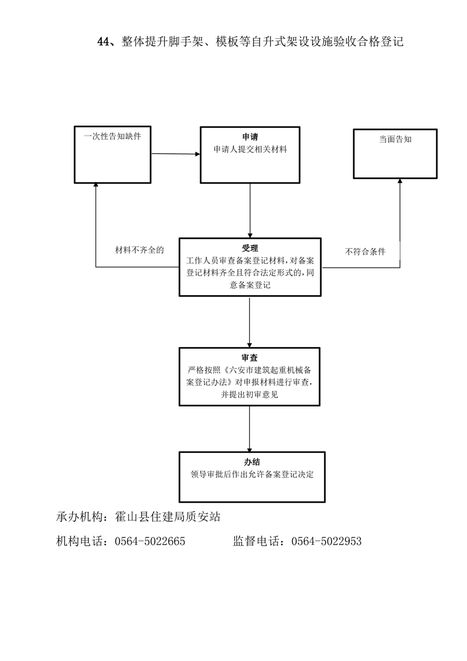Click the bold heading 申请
250,137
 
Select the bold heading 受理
250,248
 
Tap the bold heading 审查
250,358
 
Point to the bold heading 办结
251,462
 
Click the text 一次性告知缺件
112,136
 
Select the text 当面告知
395,139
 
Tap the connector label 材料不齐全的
140,250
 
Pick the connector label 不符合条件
365,252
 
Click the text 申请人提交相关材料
250,149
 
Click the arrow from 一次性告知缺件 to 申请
175,154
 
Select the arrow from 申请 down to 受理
250,211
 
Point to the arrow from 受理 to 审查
250,322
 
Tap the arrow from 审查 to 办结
250,429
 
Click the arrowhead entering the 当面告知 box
400,181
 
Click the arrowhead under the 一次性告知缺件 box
95,186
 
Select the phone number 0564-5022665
150,541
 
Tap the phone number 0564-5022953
327,541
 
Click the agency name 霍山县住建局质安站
168,517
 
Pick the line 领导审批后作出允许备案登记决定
252,474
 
